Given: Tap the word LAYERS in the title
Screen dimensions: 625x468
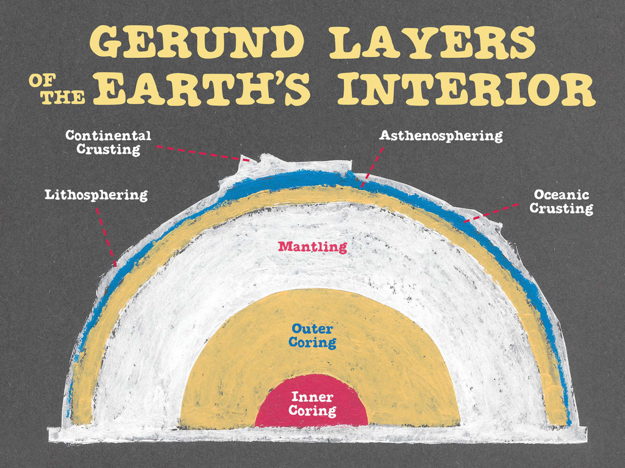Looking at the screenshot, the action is (x=432, y=42).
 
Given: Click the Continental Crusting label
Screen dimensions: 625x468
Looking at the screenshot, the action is (x=108, y=142).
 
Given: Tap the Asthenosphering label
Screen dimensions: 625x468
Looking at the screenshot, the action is (x=441, y=135).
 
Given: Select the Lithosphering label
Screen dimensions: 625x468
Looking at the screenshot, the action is (x=96, y=195).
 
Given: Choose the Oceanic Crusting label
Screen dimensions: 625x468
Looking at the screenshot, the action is (x=561, y=201).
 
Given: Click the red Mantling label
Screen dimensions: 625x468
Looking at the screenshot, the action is (x=312, y=246).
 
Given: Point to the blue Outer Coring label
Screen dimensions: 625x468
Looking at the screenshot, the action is (x=312, y=336).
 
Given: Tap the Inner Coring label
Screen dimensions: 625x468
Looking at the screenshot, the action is (x=312, y=403).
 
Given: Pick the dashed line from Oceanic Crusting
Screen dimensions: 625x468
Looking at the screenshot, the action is (x=491, y=213).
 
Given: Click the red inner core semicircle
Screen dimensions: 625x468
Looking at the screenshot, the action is (x=311, y=419).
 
